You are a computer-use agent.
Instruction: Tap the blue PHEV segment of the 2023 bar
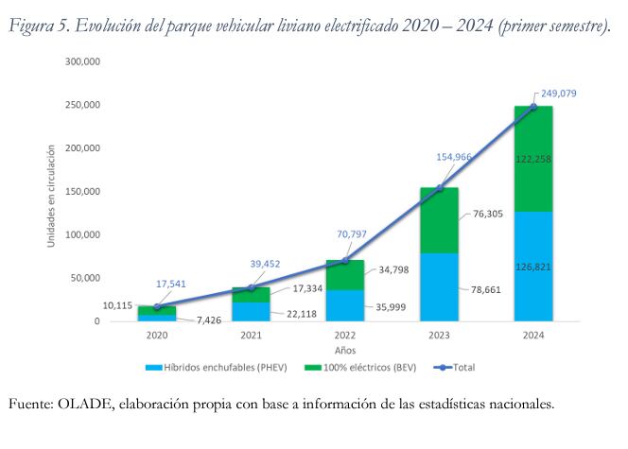click(438, 287)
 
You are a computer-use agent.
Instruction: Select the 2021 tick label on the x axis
click(250, 335)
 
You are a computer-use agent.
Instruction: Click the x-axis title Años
click(343, 349)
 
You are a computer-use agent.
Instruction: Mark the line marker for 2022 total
click(344, 260)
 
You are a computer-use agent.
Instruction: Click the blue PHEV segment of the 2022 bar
click(344, 305)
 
